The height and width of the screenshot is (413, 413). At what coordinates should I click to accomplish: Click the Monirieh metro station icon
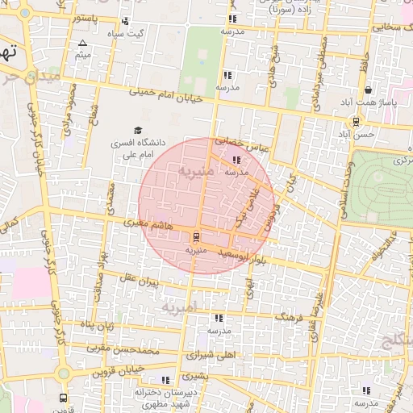[x=194, y=237]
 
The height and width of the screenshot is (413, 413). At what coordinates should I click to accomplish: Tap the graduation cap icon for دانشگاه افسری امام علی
[x=137, y=131]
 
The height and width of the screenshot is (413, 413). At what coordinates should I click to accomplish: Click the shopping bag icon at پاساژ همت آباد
[x=368, y=90]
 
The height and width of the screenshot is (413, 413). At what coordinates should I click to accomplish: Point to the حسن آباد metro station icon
[x=356, y=122]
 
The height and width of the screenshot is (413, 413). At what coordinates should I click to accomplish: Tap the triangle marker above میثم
[x=82, y=43]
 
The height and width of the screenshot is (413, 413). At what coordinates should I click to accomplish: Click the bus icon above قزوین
[x=64, y=398]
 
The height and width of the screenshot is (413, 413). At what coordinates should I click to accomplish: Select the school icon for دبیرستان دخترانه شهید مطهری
[x=165, y=380]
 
